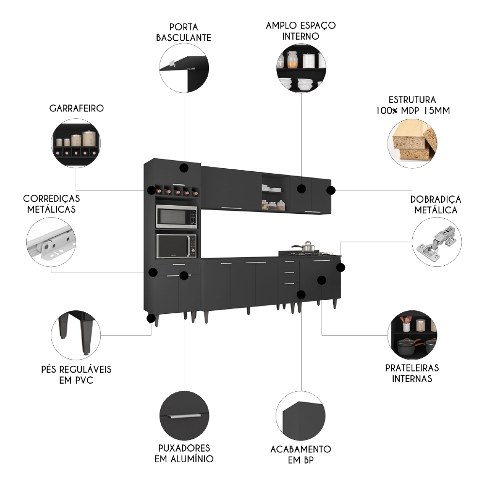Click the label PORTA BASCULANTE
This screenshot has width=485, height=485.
(183, 32)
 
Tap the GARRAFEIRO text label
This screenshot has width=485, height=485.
(76, 108)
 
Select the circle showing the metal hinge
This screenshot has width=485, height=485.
(436, 242)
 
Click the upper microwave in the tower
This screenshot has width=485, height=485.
(177, 217)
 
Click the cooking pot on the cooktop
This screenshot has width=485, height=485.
(307, 247)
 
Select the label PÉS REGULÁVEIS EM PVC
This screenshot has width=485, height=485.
(76, 374)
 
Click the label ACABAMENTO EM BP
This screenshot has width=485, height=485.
(301, 454)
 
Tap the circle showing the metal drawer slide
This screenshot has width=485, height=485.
(51, 241)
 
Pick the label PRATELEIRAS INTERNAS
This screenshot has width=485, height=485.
(412, 373)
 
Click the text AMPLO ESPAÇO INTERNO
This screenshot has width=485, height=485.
(301, 30)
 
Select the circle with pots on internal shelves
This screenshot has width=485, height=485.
(412, 335)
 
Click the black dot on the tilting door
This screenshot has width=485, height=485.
(183, 168)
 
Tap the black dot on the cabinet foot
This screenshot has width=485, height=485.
(151, 319)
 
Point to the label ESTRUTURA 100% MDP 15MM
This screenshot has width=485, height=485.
(412, 105)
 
